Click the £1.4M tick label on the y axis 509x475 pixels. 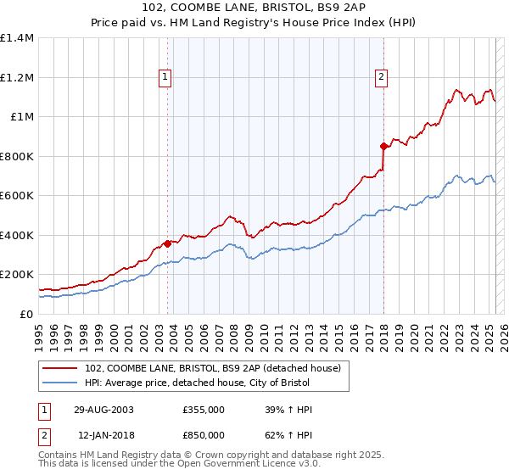17,38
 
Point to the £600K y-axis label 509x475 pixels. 17,196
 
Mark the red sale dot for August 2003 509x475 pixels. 168,243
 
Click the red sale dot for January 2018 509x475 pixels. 383,146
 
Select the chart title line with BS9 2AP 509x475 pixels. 255,8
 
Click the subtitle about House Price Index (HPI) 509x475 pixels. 255,24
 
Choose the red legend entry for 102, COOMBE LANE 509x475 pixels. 212,368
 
